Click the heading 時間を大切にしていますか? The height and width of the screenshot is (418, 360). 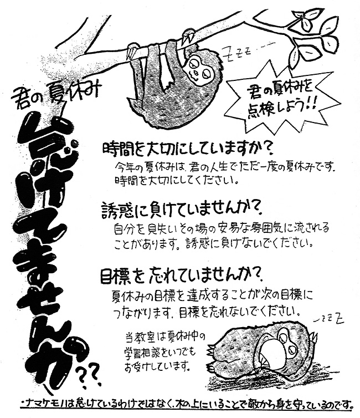187,150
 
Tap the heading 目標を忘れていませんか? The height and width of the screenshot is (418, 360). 182,276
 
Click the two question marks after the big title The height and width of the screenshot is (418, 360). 89,376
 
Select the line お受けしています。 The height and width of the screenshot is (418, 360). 157,366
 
